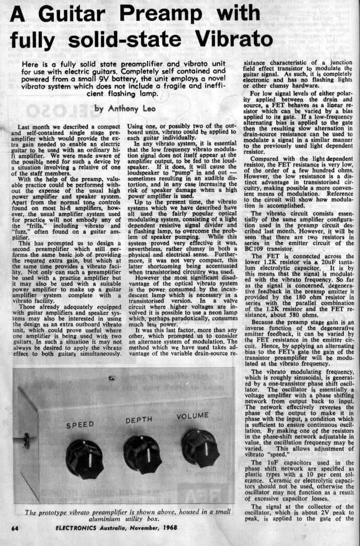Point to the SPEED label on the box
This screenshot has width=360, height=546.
(80, 424)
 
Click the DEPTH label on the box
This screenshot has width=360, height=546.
(139, 420)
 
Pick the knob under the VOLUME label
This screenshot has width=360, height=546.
(200, 448)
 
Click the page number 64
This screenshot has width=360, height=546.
(16, 529)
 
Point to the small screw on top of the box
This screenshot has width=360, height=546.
(111, 378)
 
